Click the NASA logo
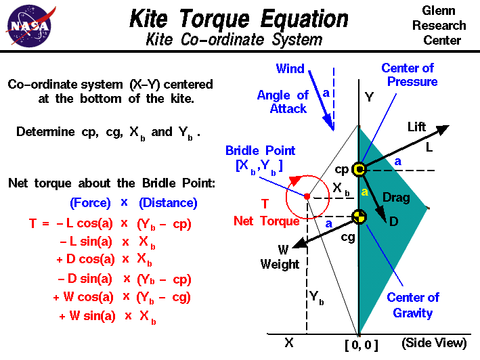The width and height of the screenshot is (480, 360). (x=28, y=25)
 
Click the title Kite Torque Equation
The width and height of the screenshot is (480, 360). (x=239, y=18)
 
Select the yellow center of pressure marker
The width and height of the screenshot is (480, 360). (x=359, y=169)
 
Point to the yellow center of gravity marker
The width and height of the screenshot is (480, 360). (x=359, y=217)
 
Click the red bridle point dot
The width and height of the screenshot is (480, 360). (x=307, y=196)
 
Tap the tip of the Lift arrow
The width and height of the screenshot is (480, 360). (x=449, y=127)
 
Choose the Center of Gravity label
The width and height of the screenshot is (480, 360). (x=413, y=305)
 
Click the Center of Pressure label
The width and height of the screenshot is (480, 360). (x=409, y=75)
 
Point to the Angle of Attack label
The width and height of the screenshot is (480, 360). (x=282, y=102)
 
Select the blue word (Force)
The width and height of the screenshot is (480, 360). (x=90, y=203)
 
